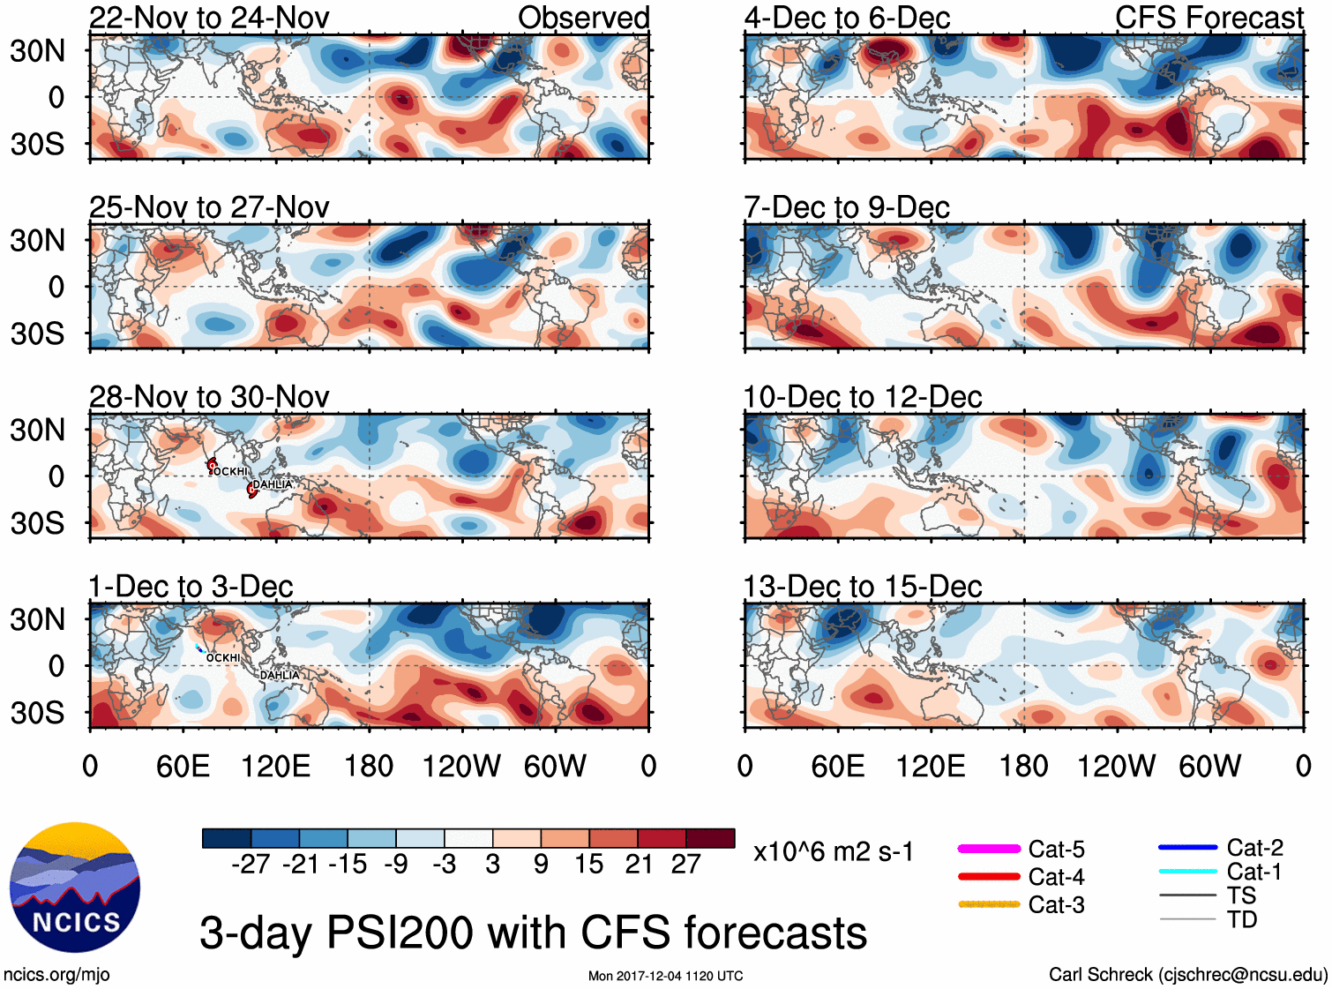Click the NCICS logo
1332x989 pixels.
click(75, 888)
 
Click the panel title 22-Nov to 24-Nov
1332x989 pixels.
click(209, 18)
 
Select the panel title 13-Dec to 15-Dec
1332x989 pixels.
click(863, 587)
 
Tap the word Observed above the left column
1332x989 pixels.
click(583, 18)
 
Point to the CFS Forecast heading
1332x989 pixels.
click(1209, 18)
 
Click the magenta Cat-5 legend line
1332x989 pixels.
click(989, 849)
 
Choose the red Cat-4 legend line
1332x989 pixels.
click(989, 877)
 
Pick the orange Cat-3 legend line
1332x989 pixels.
click(989, 904)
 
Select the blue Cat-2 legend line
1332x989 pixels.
click(1187, 848)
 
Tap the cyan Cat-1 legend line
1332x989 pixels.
click(1187, 872)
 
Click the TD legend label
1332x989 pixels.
click(1242, 919)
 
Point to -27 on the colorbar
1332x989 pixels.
click(251, 865)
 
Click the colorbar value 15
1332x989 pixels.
click(589, 865)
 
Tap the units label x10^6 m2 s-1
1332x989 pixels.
click(833, 852)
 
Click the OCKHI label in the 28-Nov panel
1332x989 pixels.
click(231, 472)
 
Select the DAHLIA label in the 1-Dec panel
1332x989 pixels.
click(280, 676)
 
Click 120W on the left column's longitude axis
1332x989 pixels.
click(461, 766)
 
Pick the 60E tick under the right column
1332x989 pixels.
click(838, 766)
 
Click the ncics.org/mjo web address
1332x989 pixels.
click(56, 975)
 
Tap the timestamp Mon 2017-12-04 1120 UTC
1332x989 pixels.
click(665, 976)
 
